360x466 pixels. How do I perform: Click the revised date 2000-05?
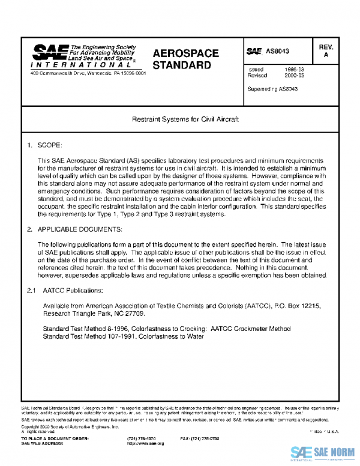point(294,76)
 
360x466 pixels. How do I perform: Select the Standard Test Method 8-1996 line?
point(167,329)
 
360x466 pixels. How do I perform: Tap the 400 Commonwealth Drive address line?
point(88,73)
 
